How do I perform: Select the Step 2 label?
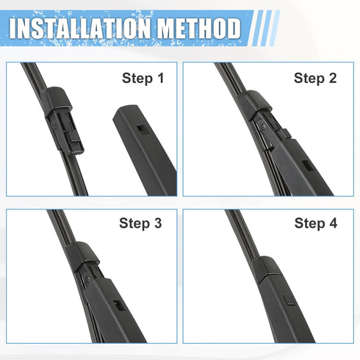(314, 77)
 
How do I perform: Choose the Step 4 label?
(314, 223)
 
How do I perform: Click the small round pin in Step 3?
(88, 278)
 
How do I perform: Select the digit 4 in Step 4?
(333, 223)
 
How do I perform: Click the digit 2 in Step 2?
(333, 77)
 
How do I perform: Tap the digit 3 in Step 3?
(157, 223)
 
